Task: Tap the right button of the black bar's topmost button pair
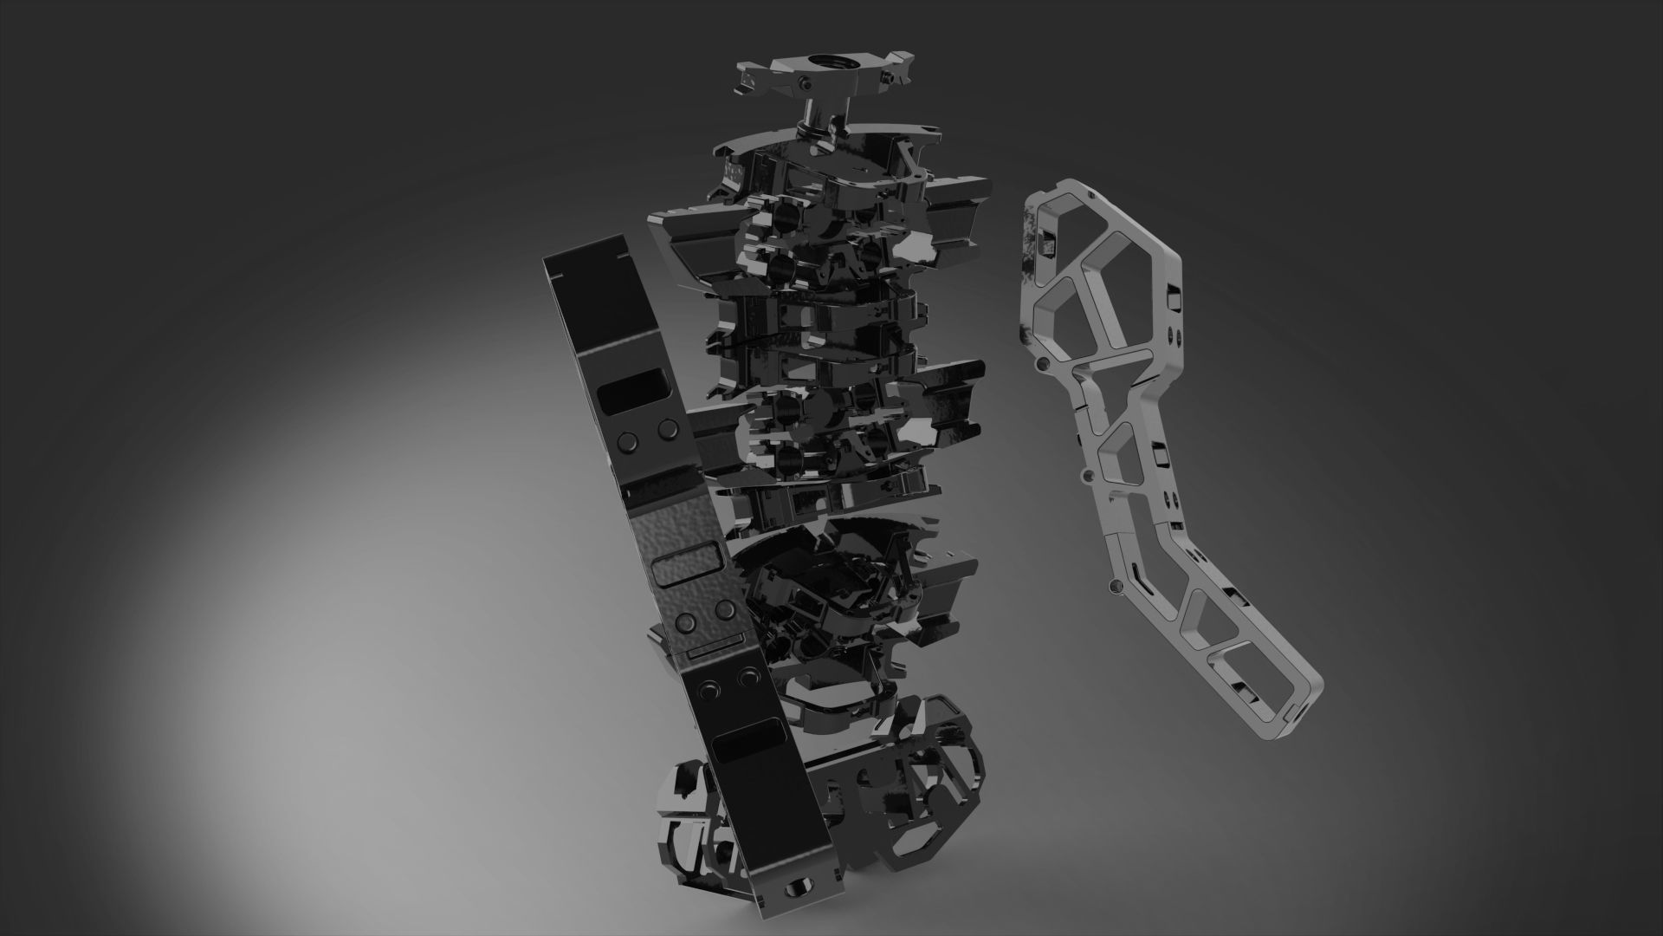coord(667,428)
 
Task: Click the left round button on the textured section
coord(686,622)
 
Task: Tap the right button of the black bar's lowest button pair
coord(744,677)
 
